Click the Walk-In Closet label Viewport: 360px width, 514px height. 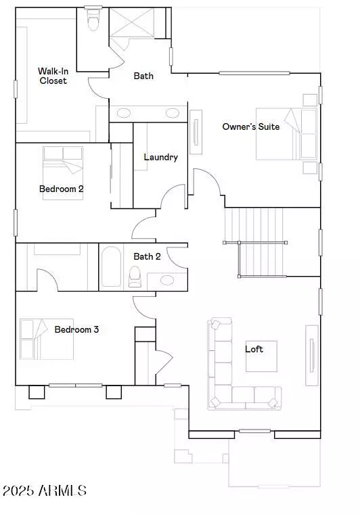coord(53,76)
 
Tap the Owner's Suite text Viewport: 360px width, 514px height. coord(251,126)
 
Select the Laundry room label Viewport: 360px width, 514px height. coord(160,158)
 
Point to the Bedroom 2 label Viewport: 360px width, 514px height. coord(62,189)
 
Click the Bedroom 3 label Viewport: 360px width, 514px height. coord(76,329)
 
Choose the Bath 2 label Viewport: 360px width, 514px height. coord(147,256)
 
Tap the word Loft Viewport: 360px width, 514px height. coord(254,349)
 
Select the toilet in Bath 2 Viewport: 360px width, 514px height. coord(135,277)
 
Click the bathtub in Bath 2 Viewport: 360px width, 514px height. coord(111,266)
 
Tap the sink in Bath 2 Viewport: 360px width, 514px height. coord(167,280)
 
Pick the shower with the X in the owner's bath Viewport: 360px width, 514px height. coord(131,23)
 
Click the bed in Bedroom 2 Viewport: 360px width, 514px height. coord(63,172)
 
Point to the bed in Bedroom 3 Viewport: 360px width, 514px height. coord(47,339)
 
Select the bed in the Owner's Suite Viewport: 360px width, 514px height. coord(286,134)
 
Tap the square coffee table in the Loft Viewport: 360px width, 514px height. coord(261,356)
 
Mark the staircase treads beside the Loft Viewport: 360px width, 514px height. coord(254,242)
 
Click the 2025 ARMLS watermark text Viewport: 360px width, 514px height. coord(44,491)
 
